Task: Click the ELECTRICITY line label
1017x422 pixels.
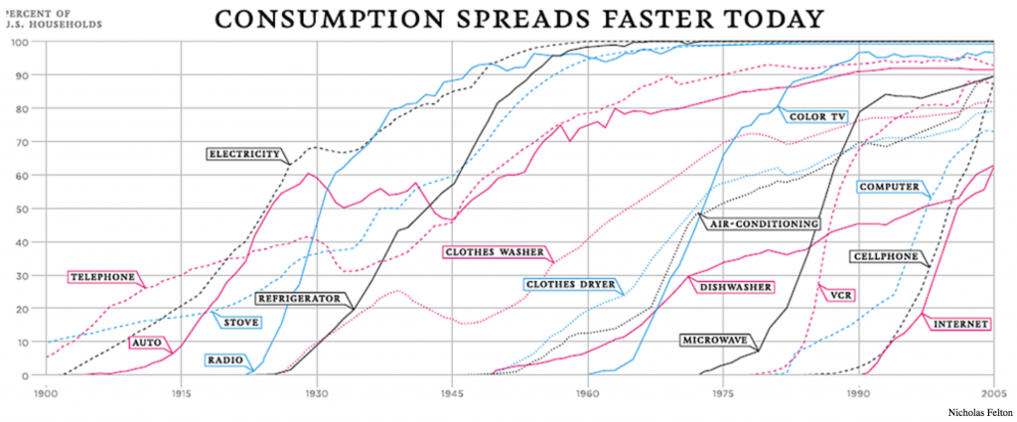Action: click(245, 154)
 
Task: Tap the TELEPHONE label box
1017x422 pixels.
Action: click(101, 277)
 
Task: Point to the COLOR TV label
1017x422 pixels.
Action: click(815, 116)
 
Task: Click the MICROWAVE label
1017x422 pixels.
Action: click(712, 341)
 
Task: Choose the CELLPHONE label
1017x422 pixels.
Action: click(885, 256)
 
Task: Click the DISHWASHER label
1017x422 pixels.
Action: click(735, 287)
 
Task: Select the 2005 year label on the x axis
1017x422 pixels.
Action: click(996, 393)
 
